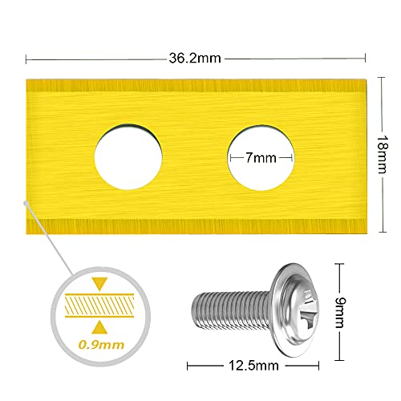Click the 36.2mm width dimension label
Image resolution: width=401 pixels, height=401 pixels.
[x=196, y=58]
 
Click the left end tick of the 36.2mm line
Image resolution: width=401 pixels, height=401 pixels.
[x=26, y=58]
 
